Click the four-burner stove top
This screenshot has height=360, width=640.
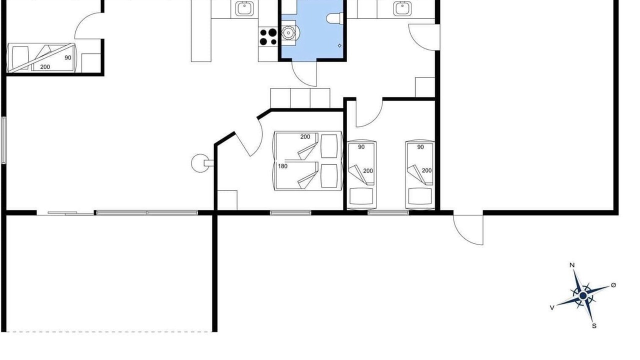pyautogui.click(x=268, y=37)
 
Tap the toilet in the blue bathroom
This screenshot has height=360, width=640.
pyautogui.click(x=334, y=18)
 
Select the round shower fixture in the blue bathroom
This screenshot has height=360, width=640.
pyautogui.click(x=289, y=33)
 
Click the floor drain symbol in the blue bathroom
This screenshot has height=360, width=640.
pyautogui.click(x=339, y=45)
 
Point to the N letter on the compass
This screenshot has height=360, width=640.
pyautogui.click(x=572, y=265)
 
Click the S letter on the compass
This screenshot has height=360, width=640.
pyautogui.click(x=594, y=326)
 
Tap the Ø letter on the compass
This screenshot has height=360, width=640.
pyautogui.click(x=613, y=285)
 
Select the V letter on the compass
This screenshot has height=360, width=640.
pyautogui.click(x=552, y=307)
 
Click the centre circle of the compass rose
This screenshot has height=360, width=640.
pyautogui.click(x=583, y=296)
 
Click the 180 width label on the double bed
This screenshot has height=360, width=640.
pyautogui.click(x=282, y=166)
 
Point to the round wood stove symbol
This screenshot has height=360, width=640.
pyautogui.click(x=200, y=163)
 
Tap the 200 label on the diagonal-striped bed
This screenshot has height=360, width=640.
pyautogui.click(x=45, y=67)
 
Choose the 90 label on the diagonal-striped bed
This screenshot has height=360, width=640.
pyautogui.click(x=67, y=57)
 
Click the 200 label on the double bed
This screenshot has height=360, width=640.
pyautogui.click(x=305, y=137)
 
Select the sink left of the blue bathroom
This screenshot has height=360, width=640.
pyautogui.click(x=244, y=8)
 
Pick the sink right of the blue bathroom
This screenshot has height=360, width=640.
pyautogui.click(x=402, y=8)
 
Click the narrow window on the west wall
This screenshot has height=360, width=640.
pyautogui.click(x=3, y=140)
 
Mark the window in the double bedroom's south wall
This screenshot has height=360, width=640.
pyautogui.click(x=290, y=213)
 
